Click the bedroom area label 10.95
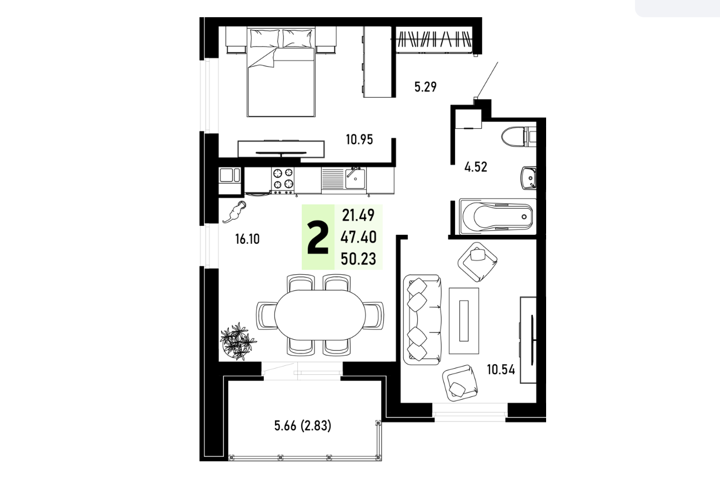pos(359,140)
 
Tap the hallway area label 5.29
pos(425,87)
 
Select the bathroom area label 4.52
pos(476,167)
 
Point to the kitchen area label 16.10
pos(247,239)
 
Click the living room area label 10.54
pos(501,370)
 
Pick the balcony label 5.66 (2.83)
pos(302,426)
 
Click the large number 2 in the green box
pos(318,238)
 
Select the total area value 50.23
pos(358,259)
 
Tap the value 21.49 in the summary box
pos(358,215)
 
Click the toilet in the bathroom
pos(518,137)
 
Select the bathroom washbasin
pos(528,178)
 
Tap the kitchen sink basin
pos(355,179)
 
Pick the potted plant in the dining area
pos(237,341)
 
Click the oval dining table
pos(320,315)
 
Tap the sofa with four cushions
pos(422,320)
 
